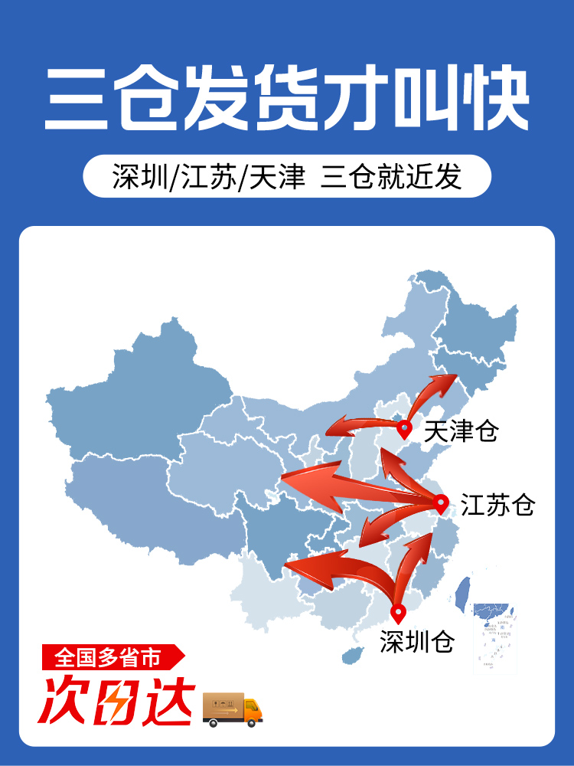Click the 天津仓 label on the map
tap(461, 431)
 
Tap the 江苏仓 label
tap(497, 505)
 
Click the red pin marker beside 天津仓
tap(404, 429)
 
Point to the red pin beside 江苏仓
tap(440, 503)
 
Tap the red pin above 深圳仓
tap(397, 614)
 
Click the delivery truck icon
tap(232, 709)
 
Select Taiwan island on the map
tap(461, 594)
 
